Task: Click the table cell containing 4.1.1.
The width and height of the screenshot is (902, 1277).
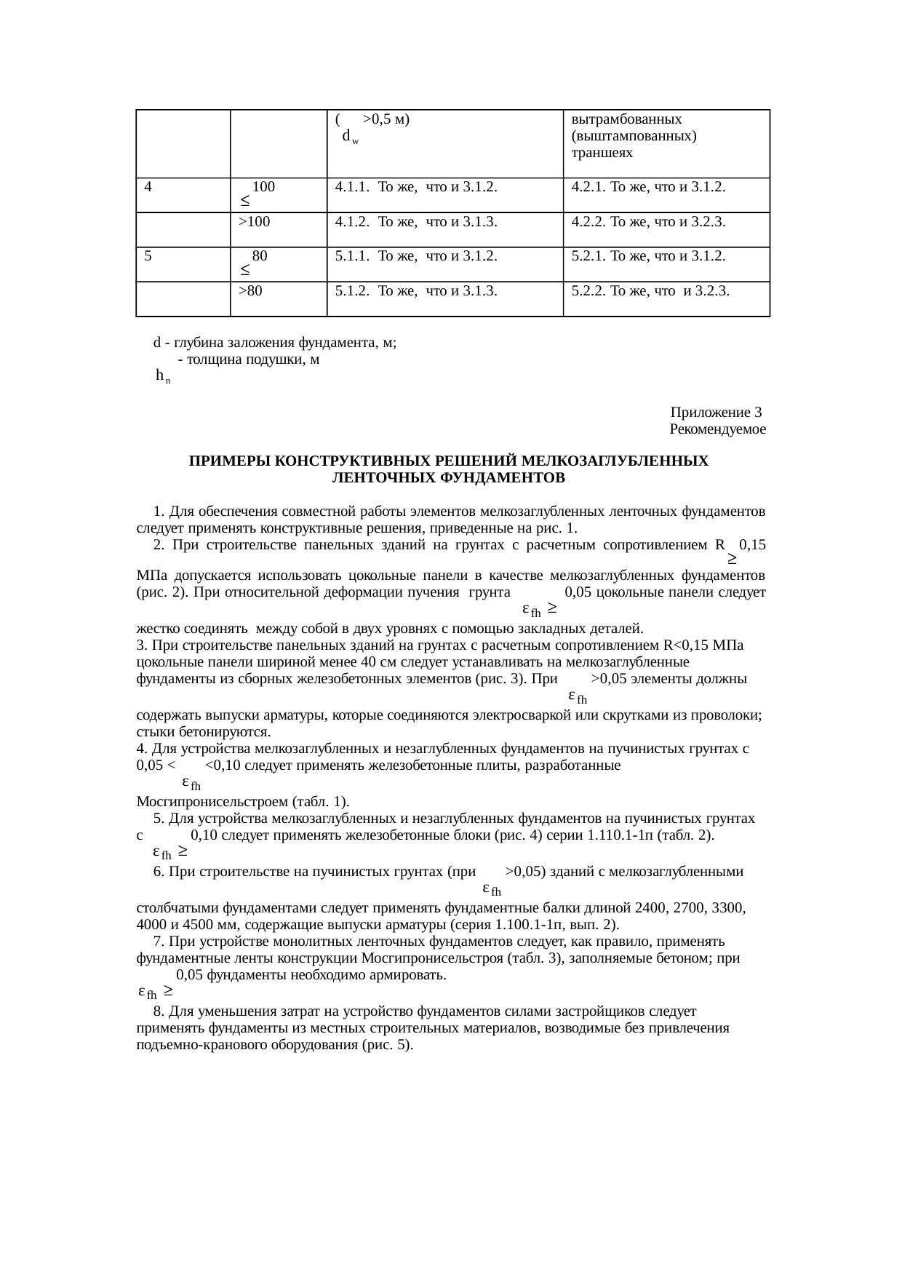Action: (x=416, y=187)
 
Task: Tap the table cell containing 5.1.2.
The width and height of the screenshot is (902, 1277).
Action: (x=416, y=292)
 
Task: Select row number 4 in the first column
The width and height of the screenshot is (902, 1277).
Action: (x=148, y=187)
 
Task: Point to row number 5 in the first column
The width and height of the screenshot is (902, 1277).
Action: (x=148, y=256)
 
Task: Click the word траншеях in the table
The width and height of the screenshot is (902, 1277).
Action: (x=602, y=153)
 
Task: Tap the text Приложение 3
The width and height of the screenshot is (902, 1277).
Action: (x=716, y=413)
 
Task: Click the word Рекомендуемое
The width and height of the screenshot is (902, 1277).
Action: (x=717, y=429)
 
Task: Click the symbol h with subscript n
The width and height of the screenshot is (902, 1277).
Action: (x=162, y=376)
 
